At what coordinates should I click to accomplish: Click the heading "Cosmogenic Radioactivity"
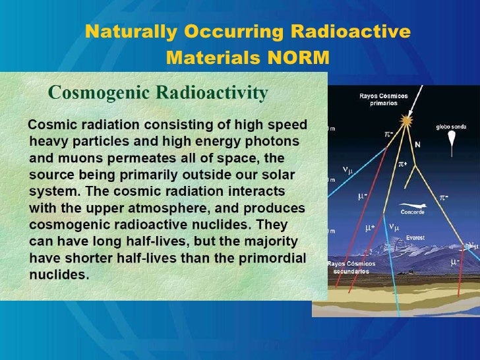pyautogui.click(x=158, y=94)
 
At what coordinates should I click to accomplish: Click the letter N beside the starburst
pyautogui.click(x=418, y=144)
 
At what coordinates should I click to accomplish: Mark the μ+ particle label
pyautogui.click(x=371, y=227)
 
